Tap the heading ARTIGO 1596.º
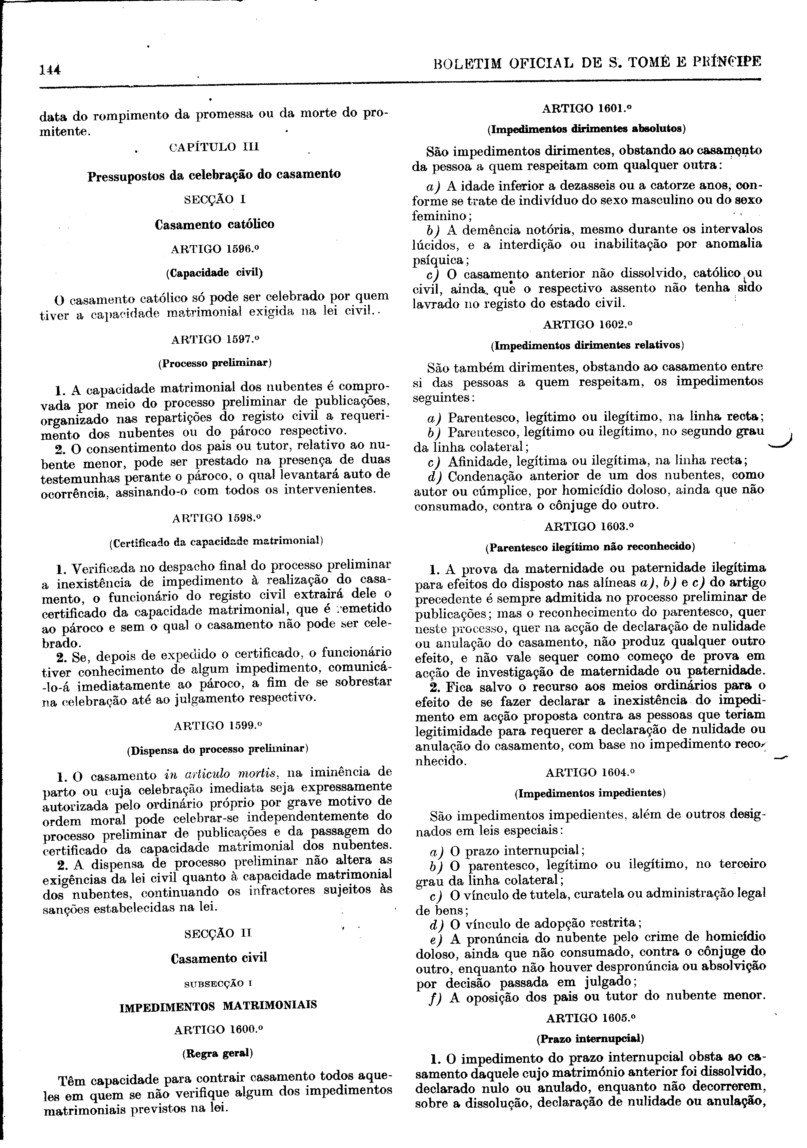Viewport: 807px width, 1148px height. [x=215, y=248]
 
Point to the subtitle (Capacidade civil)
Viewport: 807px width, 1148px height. [x=215, y=273]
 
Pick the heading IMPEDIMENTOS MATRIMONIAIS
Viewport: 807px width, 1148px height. [x=218, y=1005]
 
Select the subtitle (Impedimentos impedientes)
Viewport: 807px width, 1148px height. [x=590, y=793]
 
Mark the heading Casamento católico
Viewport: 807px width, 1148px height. [x=215, y=224]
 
